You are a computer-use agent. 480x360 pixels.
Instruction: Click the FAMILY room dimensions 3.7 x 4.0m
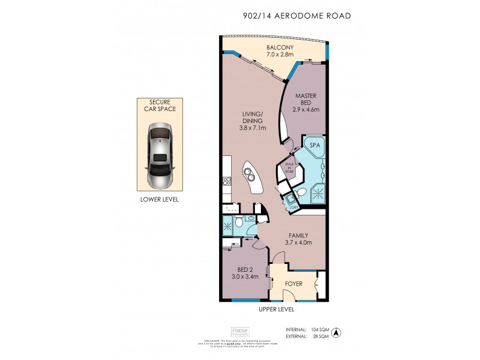click(x=298, y=242)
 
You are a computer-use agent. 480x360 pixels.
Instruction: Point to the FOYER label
click(x=292, y=283)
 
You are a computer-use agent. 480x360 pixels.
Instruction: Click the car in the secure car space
click(x=158, y=154)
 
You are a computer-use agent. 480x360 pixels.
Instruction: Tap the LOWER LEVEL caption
click(x=158, y=199)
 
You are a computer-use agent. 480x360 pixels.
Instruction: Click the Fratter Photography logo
click(x=240, y=331)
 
